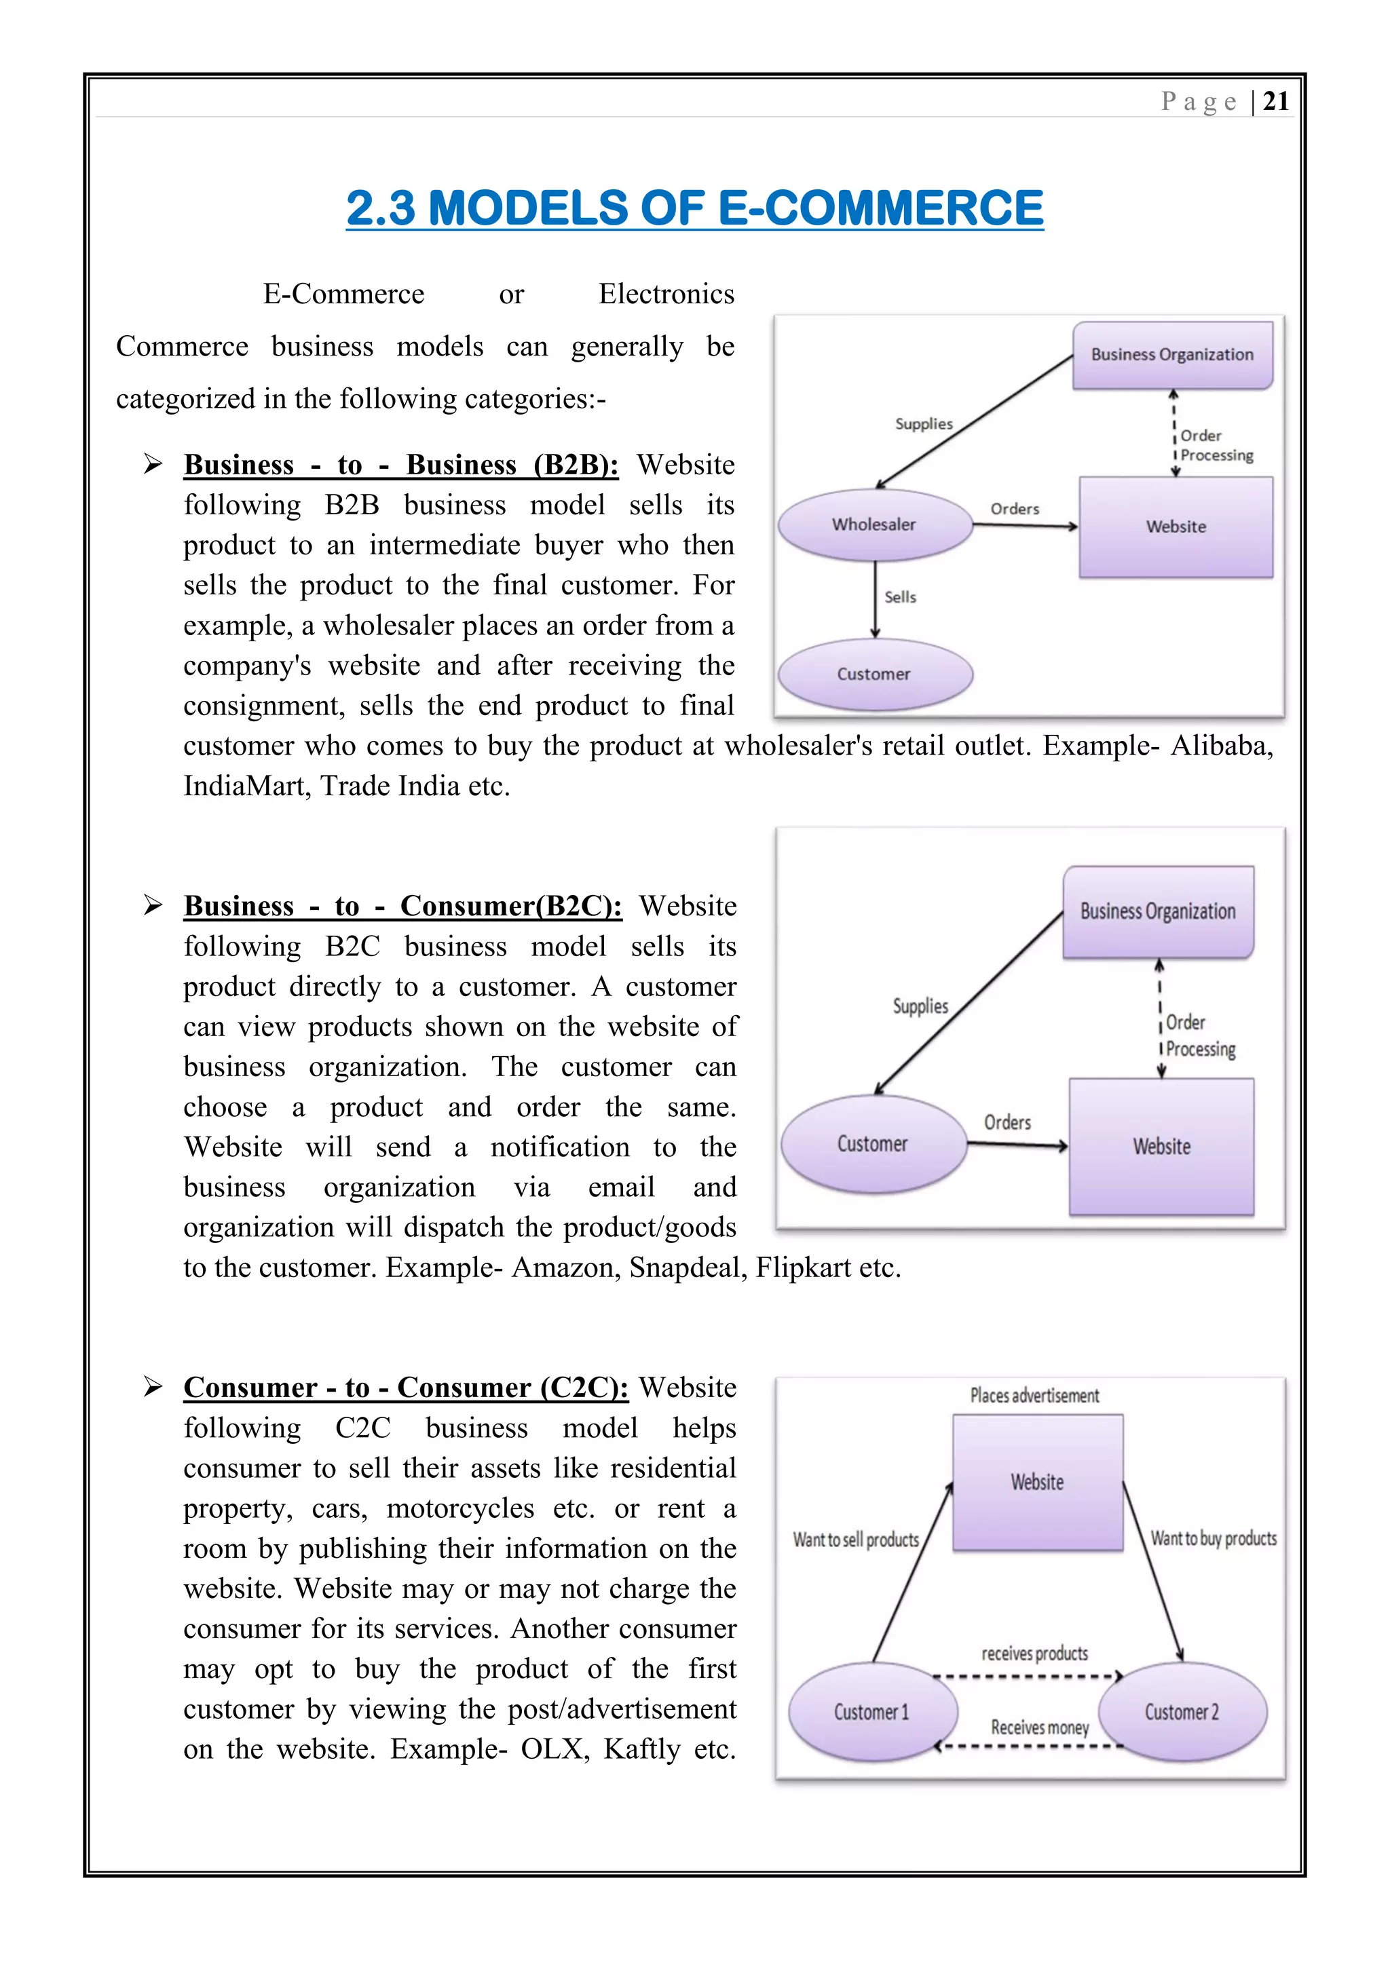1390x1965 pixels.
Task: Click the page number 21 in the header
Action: pyautogui.click(x=1275, y=102)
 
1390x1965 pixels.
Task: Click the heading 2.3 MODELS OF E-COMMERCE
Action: pyautogui.click(x=694, y=209)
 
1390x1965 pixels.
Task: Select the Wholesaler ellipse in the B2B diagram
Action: pyautogui.click(x=874, y=524)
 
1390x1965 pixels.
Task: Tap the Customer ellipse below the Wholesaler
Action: pyautogui.click(x=874, y=674)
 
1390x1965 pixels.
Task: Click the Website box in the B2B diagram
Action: pyautogui.click(x=1176, y=527)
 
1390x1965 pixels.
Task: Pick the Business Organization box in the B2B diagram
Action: pyautogui.click(x=1171, y=355)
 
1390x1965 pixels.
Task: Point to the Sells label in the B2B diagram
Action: pyautogui.click(x=899, y=597)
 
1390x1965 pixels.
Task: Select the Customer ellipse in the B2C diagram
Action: pyautogui.click(x=872, y=1144)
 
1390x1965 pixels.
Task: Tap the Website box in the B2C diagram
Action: pyautogui.click(x=1161, y=1147)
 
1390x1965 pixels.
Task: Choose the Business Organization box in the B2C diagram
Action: pyautogui.click(x=1157, y=911)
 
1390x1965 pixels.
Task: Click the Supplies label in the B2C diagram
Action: pyautogui.click(x=920, y=1006)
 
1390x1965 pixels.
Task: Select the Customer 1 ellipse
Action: pyautogui.click(x=871, y=1712)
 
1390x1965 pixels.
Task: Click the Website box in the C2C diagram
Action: pyautogui.click(x=1037, y=1483)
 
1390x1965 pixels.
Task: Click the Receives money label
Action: pyautogui.click(x=1040, y=1728)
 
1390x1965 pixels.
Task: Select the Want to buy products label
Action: pyautogui.click(x=1213, y=1539)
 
